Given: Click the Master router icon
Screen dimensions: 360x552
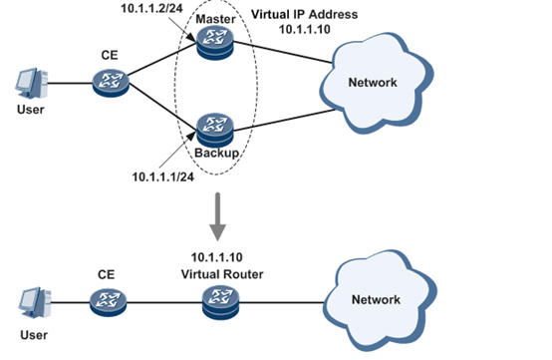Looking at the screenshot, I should tap(212, 42).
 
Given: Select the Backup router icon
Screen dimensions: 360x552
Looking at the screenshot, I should tap(212, 126).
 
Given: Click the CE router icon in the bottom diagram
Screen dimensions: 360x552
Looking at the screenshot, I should tap(107, 299).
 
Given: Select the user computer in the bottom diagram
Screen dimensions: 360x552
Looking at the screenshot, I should tap(31, 299).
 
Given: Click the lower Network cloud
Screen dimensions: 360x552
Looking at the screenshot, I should tap(376, 298).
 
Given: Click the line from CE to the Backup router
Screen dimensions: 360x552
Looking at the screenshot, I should tap(159, 106).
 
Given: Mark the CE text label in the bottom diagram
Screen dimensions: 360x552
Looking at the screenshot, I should tap(107, 271).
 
